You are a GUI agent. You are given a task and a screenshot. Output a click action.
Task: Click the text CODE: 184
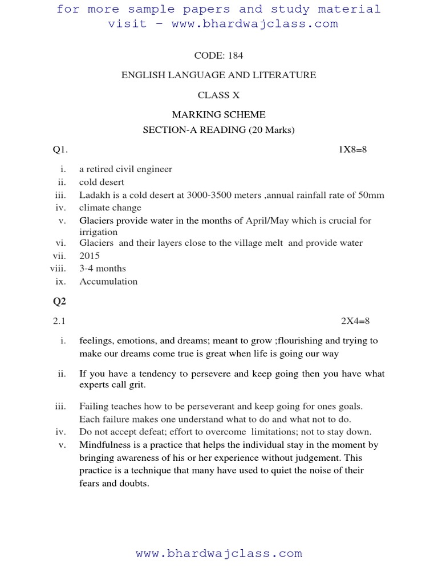218,55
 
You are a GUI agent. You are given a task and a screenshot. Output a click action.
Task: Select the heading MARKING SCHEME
218,115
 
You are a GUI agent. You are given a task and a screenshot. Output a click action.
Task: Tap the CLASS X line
218,95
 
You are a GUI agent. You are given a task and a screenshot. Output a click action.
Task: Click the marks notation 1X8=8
353,149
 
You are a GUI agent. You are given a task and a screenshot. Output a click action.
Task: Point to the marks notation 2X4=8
355,321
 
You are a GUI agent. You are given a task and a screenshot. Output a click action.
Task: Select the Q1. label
60,149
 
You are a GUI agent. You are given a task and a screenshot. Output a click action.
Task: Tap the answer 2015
90,256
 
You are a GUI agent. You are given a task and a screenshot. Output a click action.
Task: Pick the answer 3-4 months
103,269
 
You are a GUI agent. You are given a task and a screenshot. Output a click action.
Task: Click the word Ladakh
94,195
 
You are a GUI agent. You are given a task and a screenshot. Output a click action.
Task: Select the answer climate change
110,208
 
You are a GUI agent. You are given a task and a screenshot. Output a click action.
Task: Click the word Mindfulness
104,445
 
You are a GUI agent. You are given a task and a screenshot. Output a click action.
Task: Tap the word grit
136,385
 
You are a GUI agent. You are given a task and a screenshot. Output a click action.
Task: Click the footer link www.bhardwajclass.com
218,553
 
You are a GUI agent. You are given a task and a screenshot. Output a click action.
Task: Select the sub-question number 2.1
60,321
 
